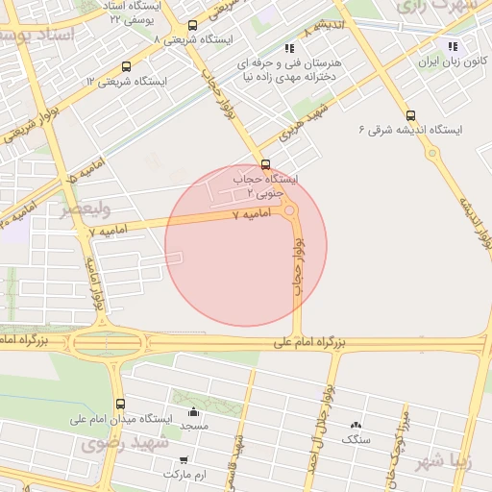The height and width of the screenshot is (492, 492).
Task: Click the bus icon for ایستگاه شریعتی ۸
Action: tap(192, 27)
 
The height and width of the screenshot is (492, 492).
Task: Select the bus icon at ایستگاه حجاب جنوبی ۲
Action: tap(265, 163)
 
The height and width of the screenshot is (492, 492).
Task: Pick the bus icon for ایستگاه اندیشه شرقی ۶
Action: tap(411, 115)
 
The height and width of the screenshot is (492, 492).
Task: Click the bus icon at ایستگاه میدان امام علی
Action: tap(120, 405)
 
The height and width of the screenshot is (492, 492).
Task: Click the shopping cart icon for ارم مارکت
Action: tap(184, 460)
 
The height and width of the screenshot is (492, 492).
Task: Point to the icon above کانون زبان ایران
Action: tap(452, 45)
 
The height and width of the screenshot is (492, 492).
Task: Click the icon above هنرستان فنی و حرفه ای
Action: tap(289, 48)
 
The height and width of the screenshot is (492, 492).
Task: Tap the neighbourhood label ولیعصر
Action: tap(86, 209)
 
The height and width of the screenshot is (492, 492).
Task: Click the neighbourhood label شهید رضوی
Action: tap(124, 443)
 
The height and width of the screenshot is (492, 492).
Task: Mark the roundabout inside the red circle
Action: tap(290, 209)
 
